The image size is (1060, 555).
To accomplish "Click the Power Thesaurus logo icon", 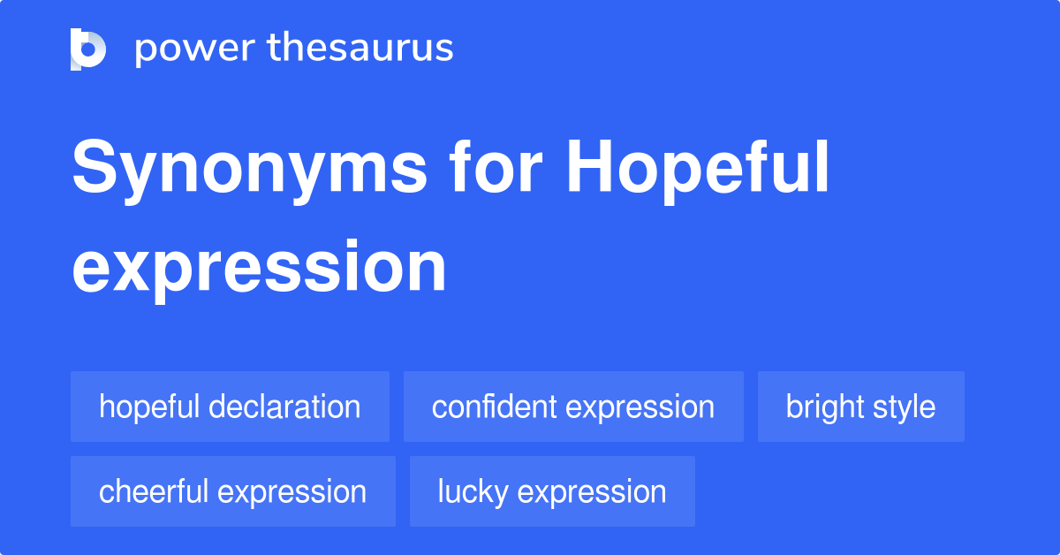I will [88, 49].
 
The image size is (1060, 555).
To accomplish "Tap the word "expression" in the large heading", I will [259, 268].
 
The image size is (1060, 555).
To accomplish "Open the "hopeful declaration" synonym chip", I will [230, 407].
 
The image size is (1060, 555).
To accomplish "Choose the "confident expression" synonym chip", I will [573, 407].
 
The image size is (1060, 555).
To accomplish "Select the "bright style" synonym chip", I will [860, 407].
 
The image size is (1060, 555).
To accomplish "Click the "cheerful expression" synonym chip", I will [232, 491].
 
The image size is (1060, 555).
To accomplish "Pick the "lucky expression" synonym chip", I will [552, 491].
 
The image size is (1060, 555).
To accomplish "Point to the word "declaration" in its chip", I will [284, 407].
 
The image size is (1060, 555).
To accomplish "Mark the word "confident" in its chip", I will [495, 407].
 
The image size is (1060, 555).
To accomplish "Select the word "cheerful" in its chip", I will [153, 491].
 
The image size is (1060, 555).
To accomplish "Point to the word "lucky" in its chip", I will [472, 491].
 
